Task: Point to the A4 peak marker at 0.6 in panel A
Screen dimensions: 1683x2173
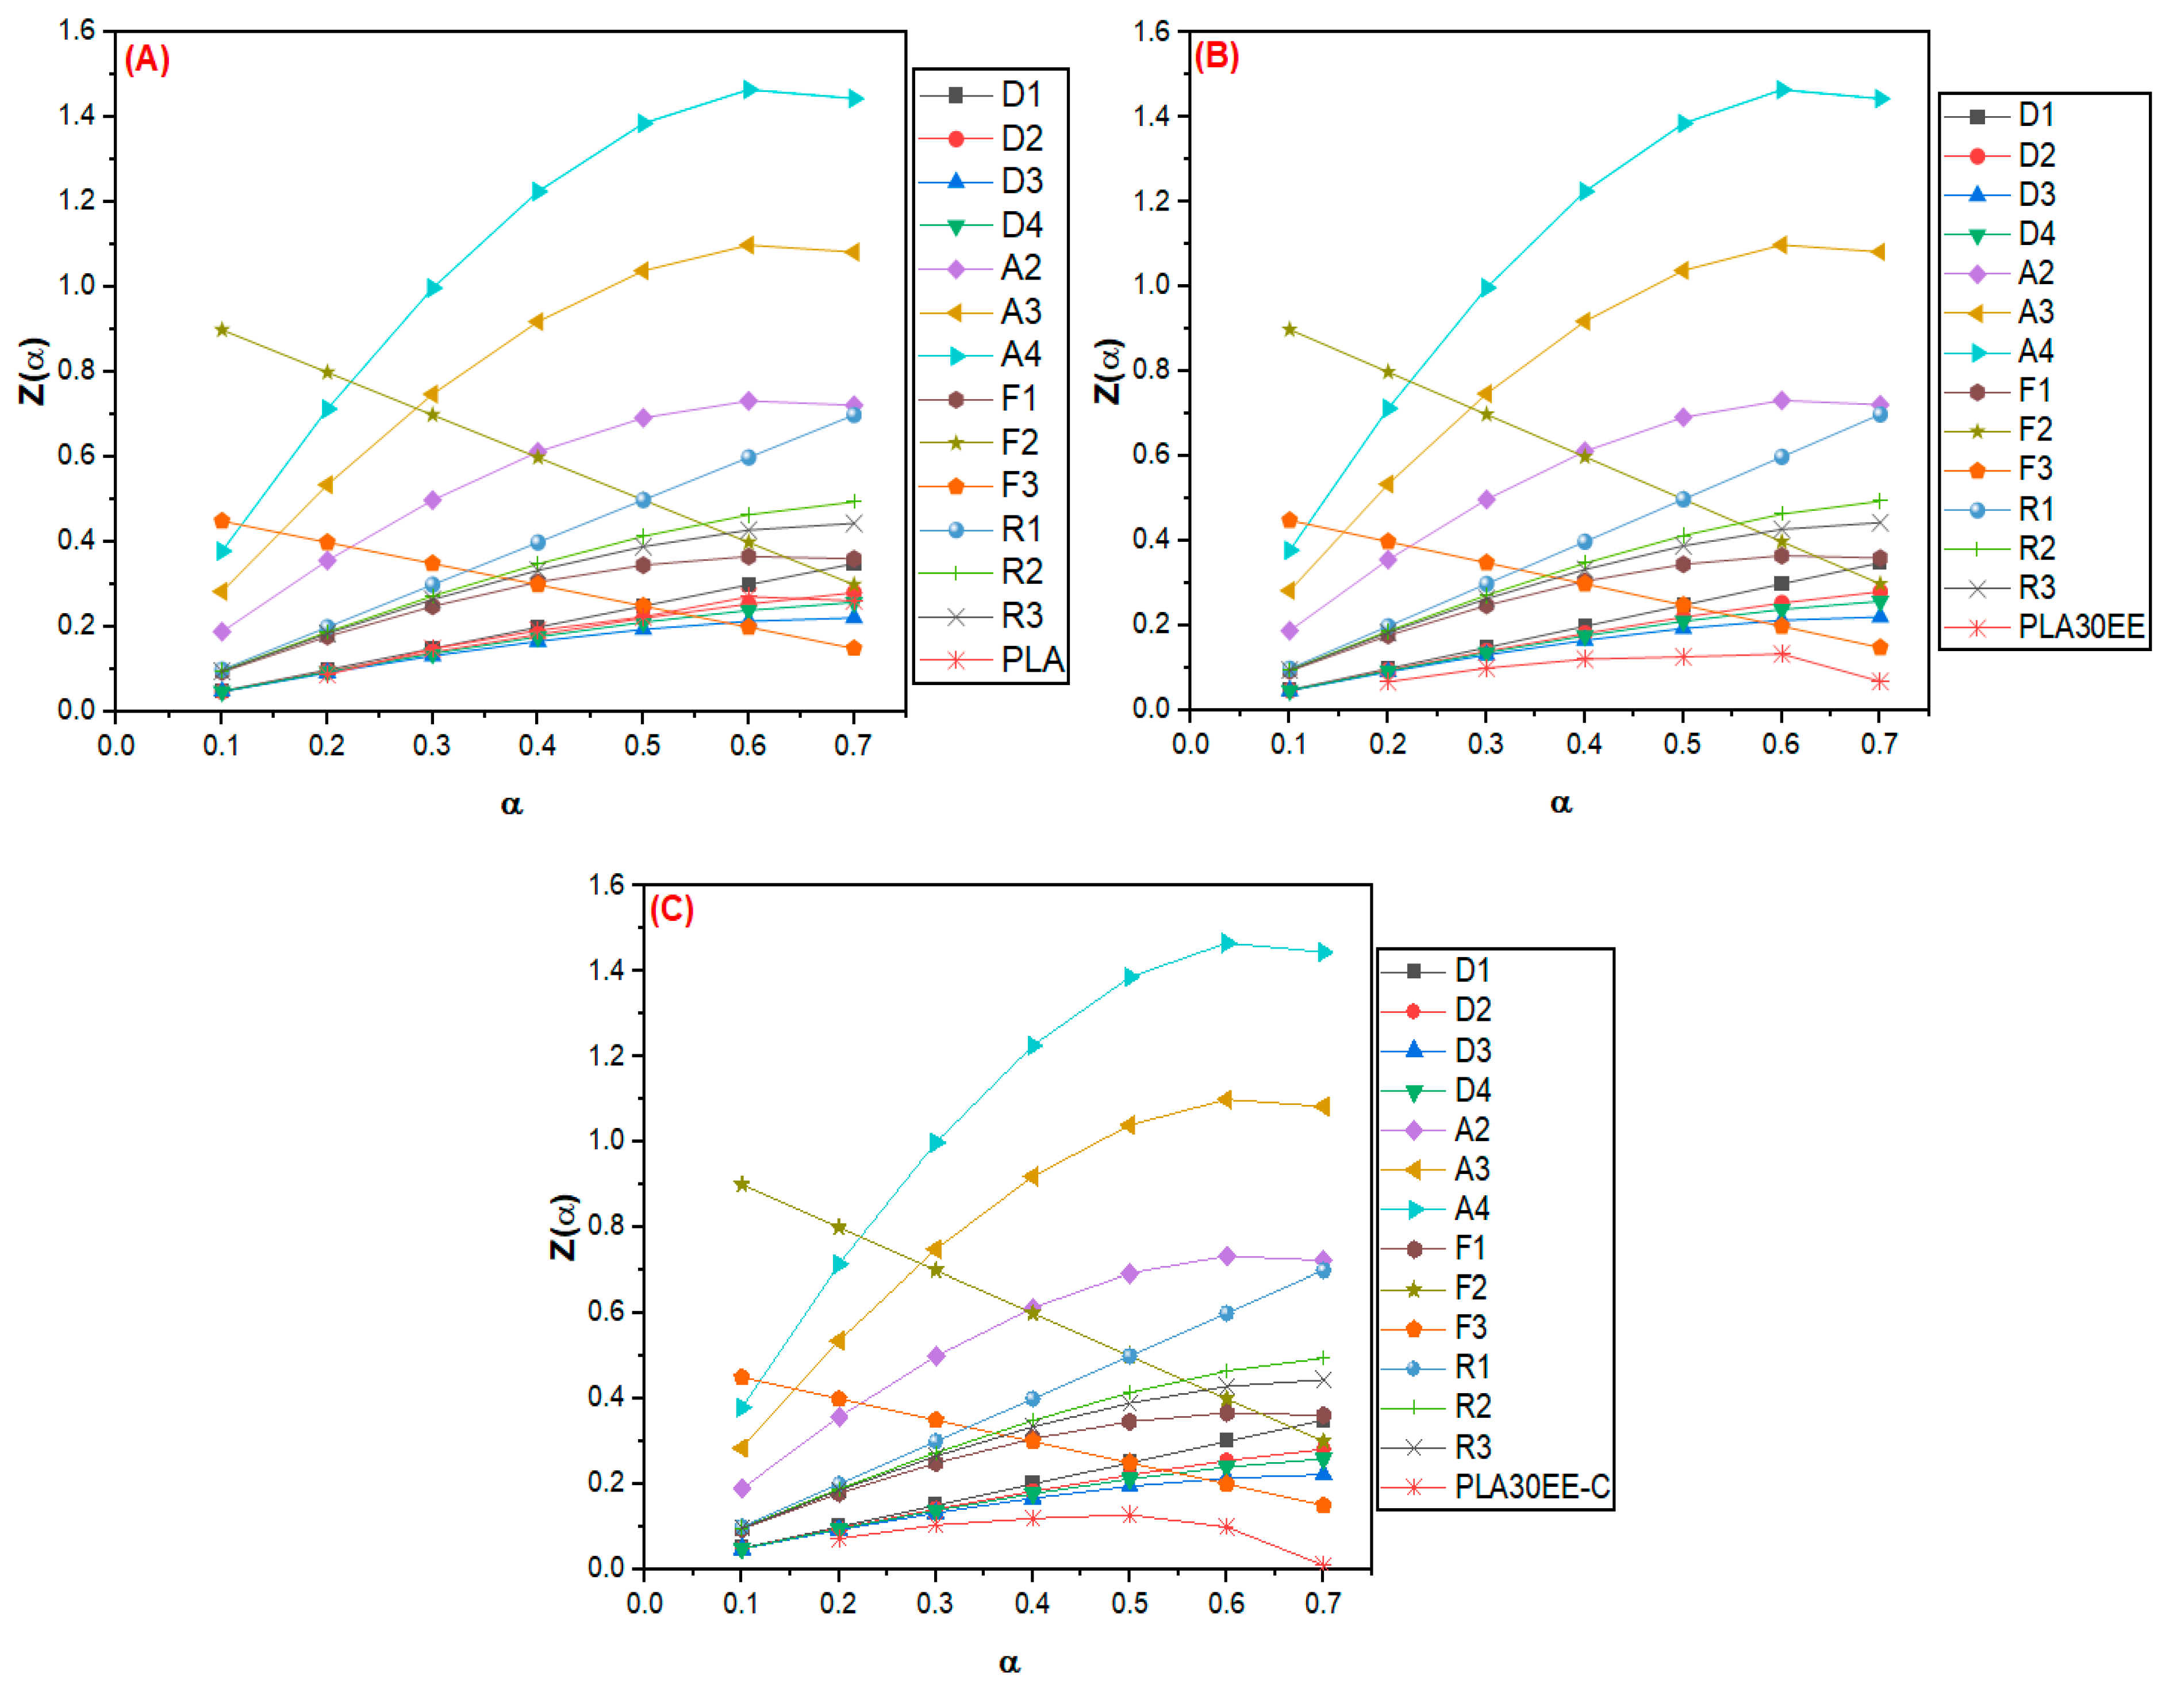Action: click(x=749, y=90)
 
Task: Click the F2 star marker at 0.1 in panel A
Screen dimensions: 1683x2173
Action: click(x=222, y=330)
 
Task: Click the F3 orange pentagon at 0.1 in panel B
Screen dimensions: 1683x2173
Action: click(x=1289, y=519)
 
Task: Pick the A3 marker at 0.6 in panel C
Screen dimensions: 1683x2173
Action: click(x=1225, y=1100)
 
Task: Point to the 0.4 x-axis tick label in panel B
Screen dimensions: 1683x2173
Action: click(x=1584, y=744)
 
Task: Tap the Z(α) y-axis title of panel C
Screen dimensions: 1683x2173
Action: click(x=564, y=1226)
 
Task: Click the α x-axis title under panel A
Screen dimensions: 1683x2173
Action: click(x=512, y=804)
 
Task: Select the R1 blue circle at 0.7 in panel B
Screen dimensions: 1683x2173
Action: click(x=1879, y=414)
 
